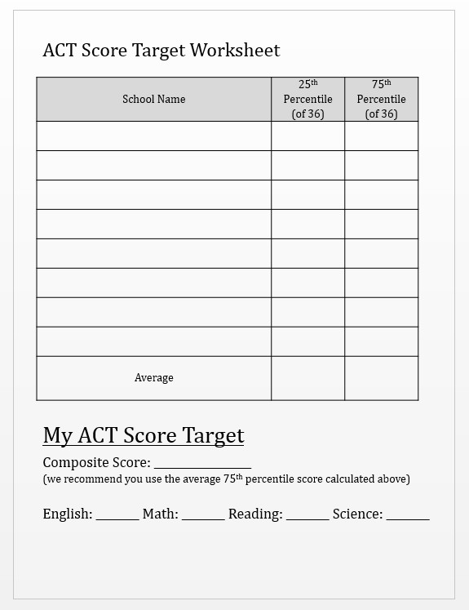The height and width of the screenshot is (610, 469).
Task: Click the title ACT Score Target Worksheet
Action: [x=161, y=51]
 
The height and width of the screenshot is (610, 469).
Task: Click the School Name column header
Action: [x=153, y=99]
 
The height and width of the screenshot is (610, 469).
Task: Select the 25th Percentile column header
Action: [x=308, y=99]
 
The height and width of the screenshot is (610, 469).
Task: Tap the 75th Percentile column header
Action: [x=381, y=99]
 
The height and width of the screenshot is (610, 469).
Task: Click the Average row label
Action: [x=153, y=377]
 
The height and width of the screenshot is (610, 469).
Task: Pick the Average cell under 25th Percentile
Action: [x=308, y=377]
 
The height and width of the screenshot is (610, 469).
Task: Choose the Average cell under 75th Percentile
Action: [x=381, y=377]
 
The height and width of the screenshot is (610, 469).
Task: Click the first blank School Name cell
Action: [x=153, y=136]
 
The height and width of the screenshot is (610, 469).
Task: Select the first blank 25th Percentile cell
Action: [x=308, y=136]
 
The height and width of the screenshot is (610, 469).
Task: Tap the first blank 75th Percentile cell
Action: [x=381, y=136]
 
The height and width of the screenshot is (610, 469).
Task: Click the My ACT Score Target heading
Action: [x=144, y=435]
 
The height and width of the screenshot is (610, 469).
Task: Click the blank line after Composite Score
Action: [x=202, y=464]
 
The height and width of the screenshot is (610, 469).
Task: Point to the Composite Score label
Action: [x=96, y=463]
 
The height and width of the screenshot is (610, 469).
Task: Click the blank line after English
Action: [x=117, y=515]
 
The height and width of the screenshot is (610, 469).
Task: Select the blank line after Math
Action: [x=203, y=515]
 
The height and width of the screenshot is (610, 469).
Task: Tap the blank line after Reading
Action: [x=308, y=515]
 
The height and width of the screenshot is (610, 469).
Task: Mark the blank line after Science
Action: [x=408, y=515]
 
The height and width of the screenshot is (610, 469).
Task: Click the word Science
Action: [x=357, y=514]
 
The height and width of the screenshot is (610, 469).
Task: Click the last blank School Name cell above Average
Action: [x=153, y=341]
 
